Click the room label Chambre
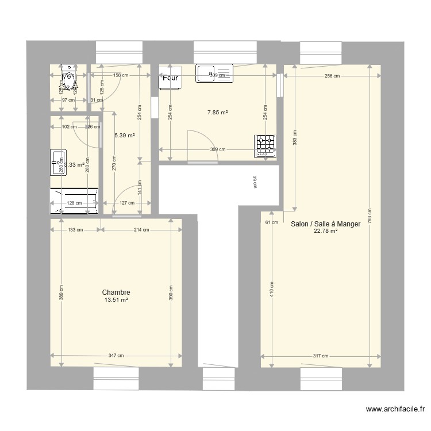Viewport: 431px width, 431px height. click(116, 293)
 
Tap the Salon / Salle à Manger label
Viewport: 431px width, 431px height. click(325, 225)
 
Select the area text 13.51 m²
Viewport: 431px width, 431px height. click(116, 300)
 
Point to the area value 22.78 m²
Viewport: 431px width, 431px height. click(325, 232)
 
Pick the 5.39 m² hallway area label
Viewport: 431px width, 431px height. click(124, 136)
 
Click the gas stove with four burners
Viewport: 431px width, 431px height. click(265, 145)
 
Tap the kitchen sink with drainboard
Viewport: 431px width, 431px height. click(214, 74)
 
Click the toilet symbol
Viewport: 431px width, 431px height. click(69, 79)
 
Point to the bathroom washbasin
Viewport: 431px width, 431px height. click(58, 162)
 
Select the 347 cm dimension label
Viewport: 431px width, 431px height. click(116, 356)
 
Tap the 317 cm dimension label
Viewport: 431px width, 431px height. click(321, 356)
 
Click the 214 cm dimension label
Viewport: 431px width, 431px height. click(141, 230)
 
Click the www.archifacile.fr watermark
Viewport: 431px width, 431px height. click(395, 410)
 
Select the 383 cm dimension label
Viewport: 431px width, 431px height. click(295, 139)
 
